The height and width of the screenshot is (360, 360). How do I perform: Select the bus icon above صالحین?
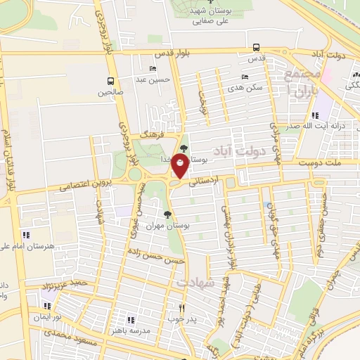(110, 82)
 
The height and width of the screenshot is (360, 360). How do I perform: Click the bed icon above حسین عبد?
(153, 69)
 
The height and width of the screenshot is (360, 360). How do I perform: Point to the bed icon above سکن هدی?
(245, 77)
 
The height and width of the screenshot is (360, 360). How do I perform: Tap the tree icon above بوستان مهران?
(167, 215)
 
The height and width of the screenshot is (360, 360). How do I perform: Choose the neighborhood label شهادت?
(194, 282)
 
